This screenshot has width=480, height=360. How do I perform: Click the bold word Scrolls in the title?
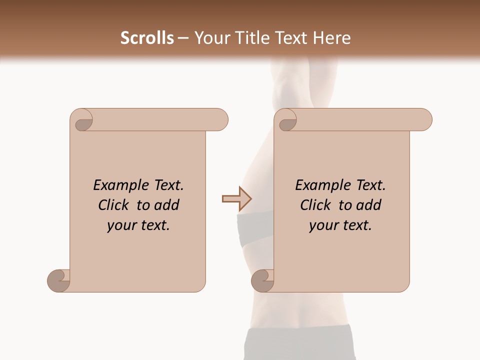pyautogui.click(x=147, y=38)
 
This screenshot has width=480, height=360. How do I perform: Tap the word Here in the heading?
pyautogui.click(x=331, y=38)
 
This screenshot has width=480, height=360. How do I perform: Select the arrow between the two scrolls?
pyautogui.click(x=237, y=198)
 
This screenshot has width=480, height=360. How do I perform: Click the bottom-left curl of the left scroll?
pyautogui.click(x=58, y=280)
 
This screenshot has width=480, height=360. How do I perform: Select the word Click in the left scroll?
pyautogui.click(x=114, y=205)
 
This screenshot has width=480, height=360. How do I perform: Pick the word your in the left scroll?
pyautogui.click(x=120, y=225)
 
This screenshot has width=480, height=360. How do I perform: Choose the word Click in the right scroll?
pyautogui.click(x=316, y=205)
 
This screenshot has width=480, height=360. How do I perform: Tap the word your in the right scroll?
pyautogui.click(x=322, y=225)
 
